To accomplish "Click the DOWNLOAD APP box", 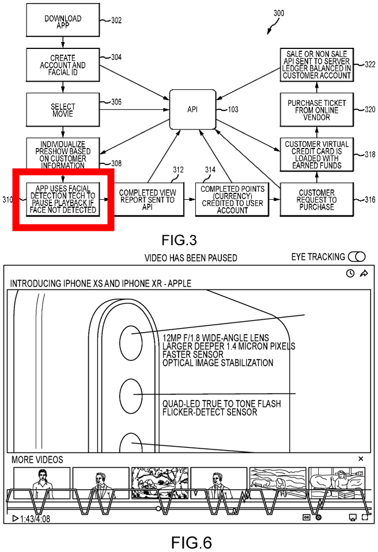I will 62,22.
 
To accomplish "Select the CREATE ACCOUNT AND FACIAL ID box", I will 63,65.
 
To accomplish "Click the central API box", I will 192,109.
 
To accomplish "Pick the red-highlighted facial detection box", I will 63,199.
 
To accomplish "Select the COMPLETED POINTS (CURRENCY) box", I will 233,199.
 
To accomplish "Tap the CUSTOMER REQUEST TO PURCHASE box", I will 316,199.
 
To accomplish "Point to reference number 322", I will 369,64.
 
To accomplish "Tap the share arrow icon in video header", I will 364,273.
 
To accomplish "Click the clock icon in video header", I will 350,273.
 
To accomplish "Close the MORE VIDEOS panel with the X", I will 361,459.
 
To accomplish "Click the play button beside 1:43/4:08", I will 15,518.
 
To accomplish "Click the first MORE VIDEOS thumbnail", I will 41,482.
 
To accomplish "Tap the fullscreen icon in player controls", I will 365,517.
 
